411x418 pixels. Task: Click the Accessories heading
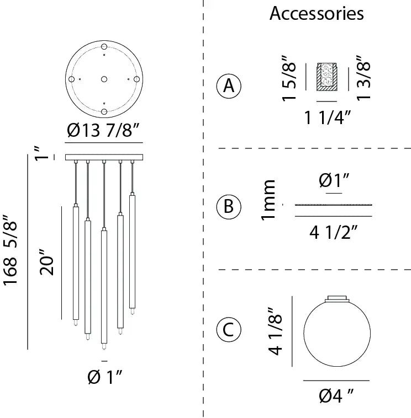click(317, 13)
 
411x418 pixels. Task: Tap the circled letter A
click(229, 86)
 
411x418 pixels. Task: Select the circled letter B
click(229, 206)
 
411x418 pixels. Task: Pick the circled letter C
click(229, 330)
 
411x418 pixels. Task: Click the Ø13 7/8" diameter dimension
click(103, 131)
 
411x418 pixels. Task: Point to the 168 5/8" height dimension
click(10, 250)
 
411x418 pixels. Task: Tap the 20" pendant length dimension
click(47, 262)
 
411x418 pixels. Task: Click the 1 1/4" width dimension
click(327, 117)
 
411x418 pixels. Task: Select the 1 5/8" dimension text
click(289, 79)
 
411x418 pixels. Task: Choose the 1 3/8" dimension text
click(363, 78)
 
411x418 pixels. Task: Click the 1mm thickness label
click(268, 200)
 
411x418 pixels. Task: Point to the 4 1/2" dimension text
click(333, 233)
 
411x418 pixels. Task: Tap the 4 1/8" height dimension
click(276, 331)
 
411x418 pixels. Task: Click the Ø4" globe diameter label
click(336, 396)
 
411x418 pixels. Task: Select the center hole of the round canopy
click(104, 79)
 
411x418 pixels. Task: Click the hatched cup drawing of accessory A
click(327, 77)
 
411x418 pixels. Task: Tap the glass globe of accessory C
click(337, 333)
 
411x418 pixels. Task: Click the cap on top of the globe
click(337, 298)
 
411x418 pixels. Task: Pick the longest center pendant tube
click(104, 287)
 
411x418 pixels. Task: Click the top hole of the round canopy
click(104, 47)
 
